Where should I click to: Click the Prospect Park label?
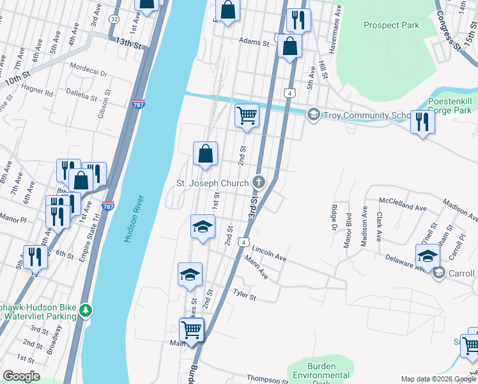click(391, 25)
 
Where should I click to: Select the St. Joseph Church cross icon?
click(259, 183)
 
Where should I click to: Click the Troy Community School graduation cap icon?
click(313, 115)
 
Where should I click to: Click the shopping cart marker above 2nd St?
click(247, 116)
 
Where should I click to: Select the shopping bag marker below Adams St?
click(290, 45)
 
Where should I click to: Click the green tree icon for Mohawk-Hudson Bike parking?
click(86, 311)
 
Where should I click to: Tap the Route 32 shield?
click(114, 19)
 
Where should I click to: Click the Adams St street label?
click(254, 42)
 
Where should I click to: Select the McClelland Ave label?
click(403, 208)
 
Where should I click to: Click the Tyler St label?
click(244, 297)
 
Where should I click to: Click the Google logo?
click(21, 376)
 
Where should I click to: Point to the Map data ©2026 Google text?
click(437, 379)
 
